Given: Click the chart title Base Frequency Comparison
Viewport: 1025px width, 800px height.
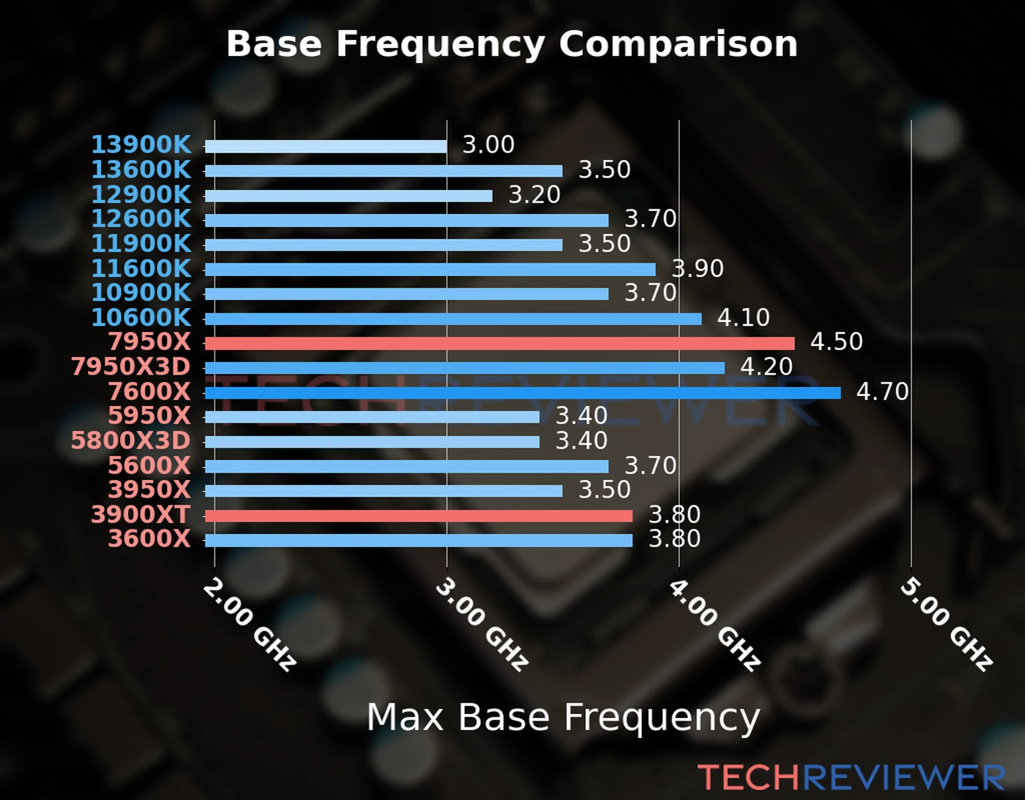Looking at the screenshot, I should click(512, 45).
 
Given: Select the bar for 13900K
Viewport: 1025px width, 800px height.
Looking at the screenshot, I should click(326, 147).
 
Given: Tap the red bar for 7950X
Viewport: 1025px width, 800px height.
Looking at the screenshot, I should click(499, 343).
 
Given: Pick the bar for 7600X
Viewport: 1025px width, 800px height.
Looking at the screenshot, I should click(522, 393).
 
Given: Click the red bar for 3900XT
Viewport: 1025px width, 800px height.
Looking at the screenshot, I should click(418, 515).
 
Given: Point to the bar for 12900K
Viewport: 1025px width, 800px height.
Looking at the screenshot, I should click(348, 196).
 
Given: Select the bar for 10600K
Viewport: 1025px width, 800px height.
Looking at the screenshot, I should click(452, 319).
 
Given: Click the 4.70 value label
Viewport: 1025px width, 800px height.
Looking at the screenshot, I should click(882, 391).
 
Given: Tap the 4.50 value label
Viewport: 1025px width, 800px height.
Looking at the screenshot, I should click(836, 341).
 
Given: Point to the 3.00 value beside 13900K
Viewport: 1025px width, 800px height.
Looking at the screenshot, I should click(488, 145).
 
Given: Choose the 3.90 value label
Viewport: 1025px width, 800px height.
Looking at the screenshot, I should click(697, 269).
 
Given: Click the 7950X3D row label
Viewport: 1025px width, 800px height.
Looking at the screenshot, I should click(131, 367).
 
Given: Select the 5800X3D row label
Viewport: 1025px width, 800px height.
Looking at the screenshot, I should click(131, 441).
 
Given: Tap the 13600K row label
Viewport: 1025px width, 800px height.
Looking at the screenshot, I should click(141, 170).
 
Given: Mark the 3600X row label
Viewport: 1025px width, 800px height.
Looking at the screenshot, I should click(149, 539).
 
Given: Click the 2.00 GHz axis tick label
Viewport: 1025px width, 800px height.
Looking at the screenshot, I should click(249, 624).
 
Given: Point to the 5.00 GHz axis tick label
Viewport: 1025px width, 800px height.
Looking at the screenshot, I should click(946, 624).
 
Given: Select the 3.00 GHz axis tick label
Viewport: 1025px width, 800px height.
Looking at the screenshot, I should click(481, 624).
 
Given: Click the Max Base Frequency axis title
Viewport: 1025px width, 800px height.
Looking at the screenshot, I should click(563, 718).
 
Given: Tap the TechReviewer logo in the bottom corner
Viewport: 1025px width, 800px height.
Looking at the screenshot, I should click(851, 778).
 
